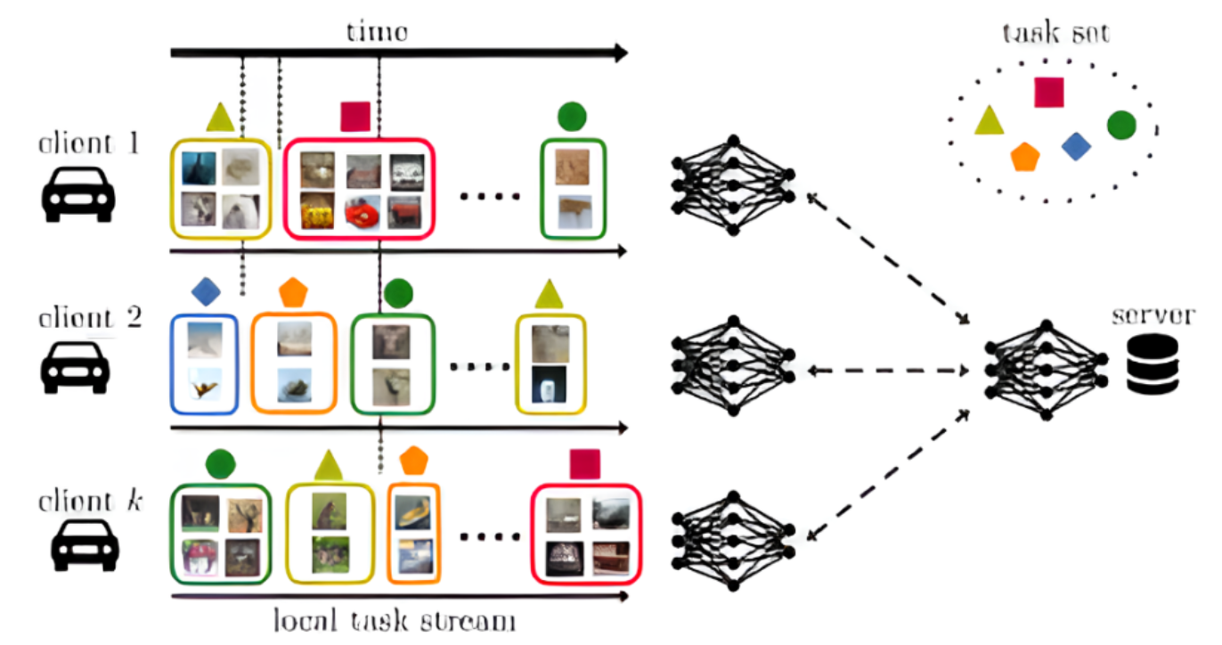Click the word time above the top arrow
pos(377,32)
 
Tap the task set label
pos(1055,34)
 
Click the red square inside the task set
pos(1049,92)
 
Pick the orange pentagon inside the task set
pos(1024,157)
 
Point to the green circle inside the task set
pos(1121,126)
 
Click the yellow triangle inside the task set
pos(989,120)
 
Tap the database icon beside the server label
pos(1153,365)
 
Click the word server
pos(1153,316)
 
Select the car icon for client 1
pos(78,194)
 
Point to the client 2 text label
pos(89,318)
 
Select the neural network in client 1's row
pos(733,184)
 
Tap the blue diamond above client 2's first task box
pos(206,290)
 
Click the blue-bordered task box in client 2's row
pos(204,363)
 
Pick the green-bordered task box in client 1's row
pos(573,189)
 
